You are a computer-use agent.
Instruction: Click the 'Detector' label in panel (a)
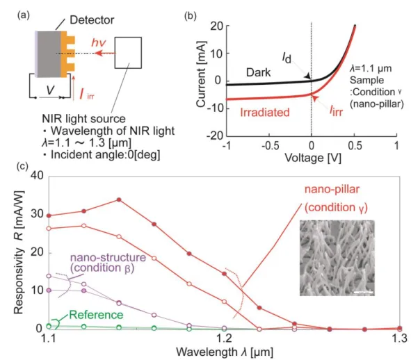click(x=92, y=20)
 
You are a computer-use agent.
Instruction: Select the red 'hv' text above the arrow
click(x=99, y=42)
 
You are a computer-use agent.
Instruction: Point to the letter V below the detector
click(x=50, y=90)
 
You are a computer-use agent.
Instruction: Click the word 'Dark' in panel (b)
click(x=258, y=72)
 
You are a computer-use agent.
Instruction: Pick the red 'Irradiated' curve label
click(x=265, y=113)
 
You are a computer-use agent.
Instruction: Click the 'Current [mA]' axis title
click(x=201, y=74)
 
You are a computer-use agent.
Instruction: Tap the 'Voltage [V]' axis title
click(x=313, y=158)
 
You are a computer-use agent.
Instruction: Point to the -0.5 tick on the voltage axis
click(x=270, y=145)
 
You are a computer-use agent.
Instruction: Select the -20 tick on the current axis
click(x=215, y=136)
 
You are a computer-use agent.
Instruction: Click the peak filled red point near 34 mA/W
click(x=119, y=199)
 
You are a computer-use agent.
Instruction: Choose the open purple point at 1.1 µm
click(x=49, y=276)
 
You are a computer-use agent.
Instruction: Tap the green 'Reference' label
click(x=96, y=315)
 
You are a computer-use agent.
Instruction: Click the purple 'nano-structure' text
click(x=108, y=257)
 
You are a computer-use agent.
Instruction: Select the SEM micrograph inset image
click(x=337, y=258)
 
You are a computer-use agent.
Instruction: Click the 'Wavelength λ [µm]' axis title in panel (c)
click(x=225, y=352)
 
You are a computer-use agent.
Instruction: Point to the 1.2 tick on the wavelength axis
click(x=224, y=338)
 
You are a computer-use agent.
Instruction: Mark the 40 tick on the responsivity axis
click(x=37, y=176)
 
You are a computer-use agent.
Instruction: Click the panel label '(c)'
click(x=22, y=166)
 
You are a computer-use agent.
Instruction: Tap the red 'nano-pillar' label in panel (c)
click(x=332, y=189)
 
